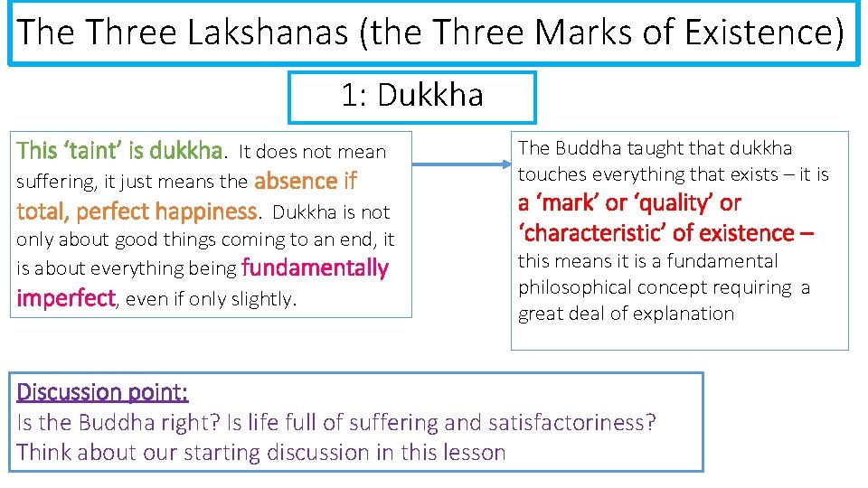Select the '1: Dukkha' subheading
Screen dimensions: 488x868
coord(412,95)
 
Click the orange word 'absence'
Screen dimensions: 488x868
coord(297,181)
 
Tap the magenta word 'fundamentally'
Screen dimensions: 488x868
coord(315,268)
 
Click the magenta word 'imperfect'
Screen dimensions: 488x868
coord(66,298)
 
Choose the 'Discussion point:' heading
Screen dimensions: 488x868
coord(102,392)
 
